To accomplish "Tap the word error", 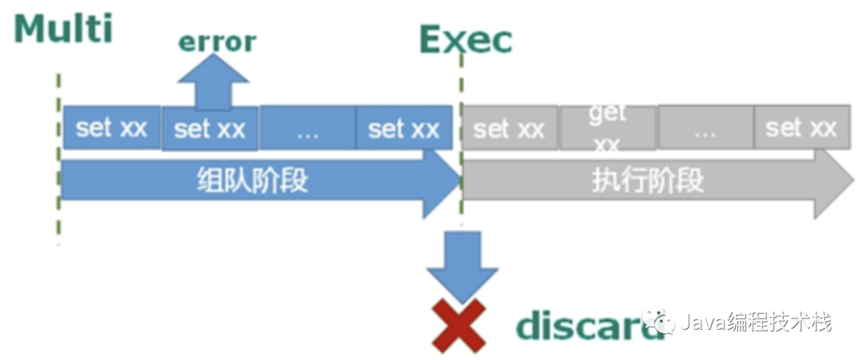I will coord(217,41).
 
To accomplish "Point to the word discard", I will coord(589,325).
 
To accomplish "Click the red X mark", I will coord(458,325).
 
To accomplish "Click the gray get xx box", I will coord(608,127).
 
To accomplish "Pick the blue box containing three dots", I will coord(307,127).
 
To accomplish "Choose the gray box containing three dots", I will coord(705,127).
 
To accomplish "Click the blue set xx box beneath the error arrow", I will coord(209,128).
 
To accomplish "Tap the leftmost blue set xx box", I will coord(111,127).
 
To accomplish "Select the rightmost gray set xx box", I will coord(801,127).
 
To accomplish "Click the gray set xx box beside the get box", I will coord(510,127).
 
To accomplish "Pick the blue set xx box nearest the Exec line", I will coord(404,127).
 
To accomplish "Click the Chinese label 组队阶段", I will coord(252,182).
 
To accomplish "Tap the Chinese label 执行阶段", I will coord(647,181).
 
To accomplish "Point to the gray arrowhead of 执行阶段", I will coord(832,182).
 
